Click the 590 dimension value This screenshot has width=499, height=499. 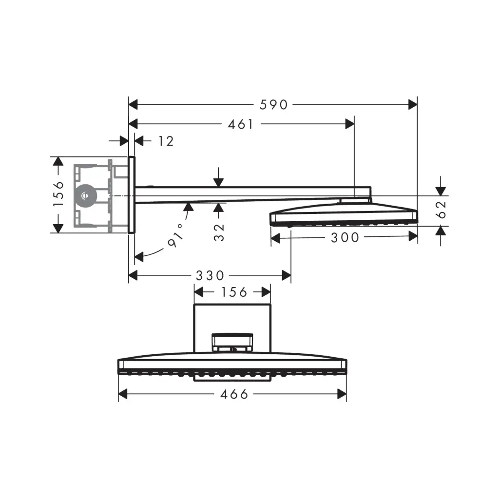[274, 105]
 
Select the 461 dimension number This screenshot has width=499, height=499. [241, 124]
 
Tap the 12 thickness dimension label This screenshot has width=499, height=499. [166, 141]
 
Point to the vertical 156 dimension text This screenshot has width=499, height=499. [58, 194]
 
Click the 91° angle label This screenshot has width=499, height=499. [176, 236]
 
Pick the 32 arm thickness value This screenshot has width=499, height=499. [219, 232]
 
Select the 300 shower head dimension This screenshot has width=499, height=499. [345, 238]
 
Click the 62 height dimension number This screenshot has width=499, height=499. [441, 210]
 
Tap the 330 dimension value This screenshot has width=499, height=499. [210, 276]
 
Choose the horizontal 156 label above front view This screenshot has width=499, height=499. [234, 292]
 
